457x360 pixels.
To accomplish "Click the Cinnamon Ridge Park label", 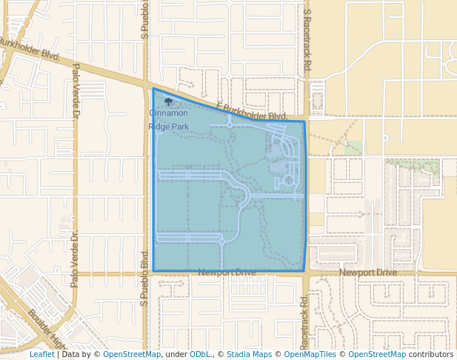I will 169,120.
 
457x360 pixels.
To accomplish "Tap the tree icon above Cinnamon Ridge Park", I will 169,102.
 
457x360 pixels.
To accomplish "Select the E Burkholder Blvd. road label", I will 251,112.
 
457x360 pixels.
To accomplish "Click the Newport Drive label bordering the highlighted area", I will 227,273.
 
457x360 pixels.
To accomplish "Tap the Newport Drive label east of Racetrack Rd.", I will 368,273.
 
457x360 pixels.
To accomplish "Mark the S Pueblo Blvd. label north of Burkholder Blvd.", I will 145,18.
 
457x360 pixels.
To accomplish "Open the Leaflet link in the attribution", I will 41,354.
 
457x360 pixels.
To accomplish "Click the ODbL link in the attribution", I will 201,354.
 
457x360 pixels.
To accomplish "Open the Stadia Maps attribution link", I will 248,354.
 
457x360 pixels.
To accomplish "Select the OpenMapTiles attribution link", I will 311,354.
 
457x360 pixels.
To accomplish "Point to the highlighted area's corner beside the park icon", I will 153,89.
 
